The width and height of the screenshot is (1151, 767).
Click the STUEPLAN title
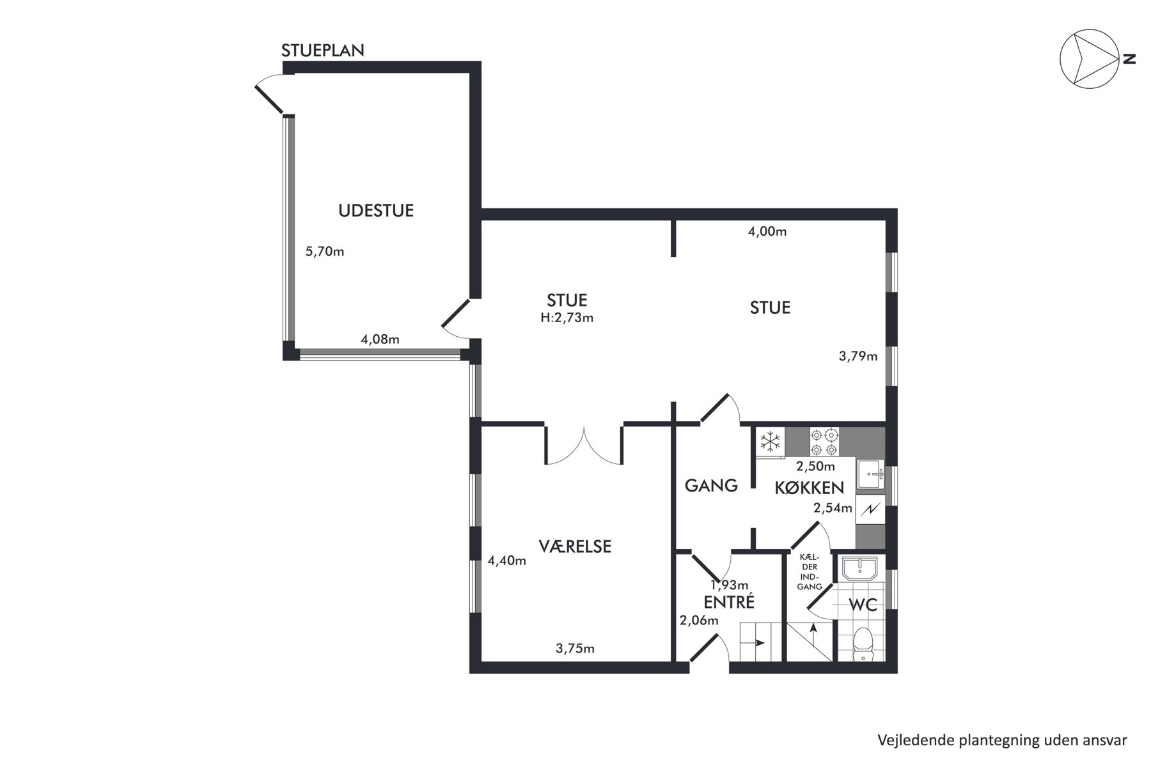(x=323, y=50)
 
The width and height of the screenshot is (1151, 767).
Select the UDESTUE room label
(x=376, y=210)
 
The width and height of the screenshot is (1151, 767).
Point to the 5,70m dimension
(x=325, y=251)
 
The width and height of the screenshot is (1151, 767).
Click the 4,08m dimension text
(x=380, y=339)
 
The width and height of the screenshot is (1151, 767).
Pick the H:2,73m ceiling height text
(x=567, y=318)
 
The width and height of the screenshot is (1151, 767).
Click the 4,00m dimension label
(x=767, y=231)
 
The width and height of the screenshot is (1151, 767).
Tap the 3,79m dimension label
(x=858, y=356)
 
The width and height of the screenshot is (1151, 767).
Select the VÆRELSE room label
(x=575, y=546)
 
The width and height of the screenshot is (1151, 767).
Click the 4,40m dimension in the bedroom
(x=507, y=561)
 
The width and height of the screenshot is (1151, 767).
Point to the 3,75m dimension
(x=575, y=649)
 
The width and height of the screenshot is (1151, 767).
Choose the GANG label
(x=711, y=486)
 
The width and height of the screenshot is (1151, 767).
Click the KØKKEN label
(x=810, y=488)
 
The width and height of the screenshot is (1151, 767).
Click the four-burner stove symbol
(x=824, y=442)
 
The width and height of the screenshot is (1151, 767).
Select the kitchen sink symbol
(x=870, y=474)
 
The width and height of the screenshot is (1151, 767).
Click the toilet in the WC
(x=864, y=644)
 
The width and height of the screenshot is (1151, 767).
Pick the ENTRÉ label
(x=729, y=602)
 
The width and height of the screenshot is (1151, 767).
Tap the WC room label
(x=863, y=605)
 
